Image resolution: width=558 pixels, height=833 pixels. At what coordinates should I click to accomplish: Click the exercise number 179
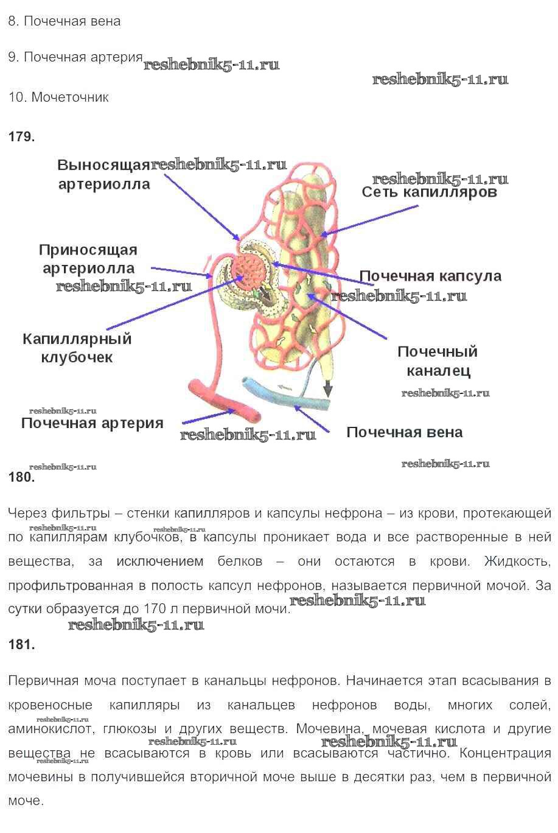click(x=21, y=136)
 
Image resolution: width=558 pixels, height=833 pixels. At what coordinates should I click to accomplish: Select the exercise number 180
click(x=21, y=477)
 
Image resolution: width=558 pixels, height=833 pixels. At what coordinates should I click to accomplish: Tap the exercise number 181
click(x=21, y=644)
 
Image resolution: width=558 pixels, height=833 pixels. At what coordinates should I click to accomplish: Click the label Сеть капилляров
click(x=430, y=192)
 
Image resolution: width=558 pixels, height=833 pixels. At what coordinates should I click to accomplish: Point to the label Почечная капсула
click(x=431, y=276)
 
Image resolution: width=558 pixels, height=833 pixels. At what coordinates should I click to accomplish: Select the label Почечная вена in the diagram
click(x=405, y=432)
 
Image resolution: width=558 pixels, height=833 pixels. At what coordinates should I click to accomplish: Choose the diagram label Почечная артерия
click(x=92, y=423)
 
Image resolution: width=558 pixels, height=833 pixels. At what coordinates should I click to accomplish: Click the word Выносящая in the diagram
click(x=103, y=165)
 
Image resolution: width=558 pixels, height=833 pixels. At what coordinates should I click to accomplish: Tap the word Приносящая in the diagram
click(x=88, y=250)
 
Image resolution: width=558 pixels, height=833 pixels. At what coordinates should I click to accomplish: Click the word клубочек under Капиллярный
click(x=77, y=357)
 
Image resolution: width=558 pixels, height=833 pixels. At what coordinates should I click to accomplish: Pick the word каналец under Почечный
click(x=439, y=370)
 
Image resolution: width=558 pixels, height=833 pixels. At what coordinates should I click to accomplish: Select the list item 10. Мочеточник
click(x=58, y=97)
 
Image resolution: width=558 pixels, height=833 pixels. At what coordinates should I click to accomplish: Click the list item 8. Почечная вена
click(x=65, y=21)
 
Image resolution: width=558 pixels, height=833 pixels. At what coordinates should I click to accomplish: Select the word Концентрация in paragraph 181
click(x=505, y=753)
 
